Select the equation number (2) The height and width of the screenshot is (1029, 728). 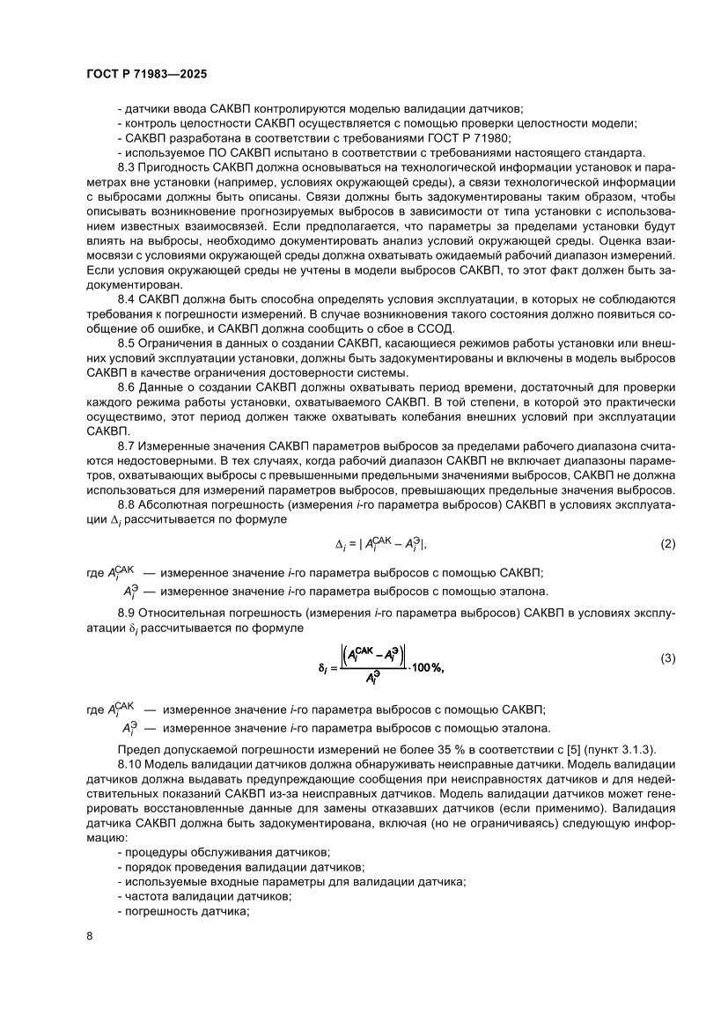667,543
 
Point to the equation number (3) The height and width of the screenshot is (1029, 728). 667,658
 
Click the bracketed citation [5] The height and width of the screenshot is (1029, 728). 539,749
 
